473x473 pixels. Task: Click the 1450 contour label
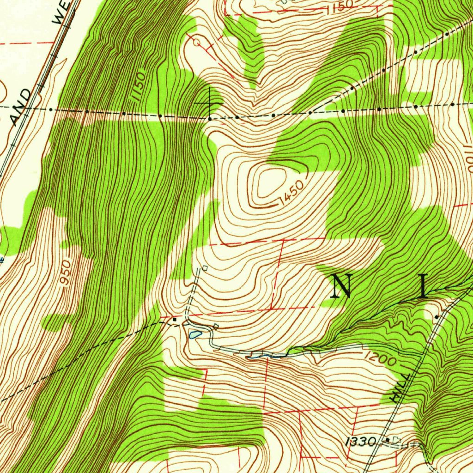click(292, 193)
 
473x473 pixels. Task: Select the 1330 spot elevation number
click(361, 442)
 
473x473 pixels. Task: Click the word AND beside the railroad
click(21, 107)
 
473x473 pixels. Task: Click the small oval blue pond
click(194, 334)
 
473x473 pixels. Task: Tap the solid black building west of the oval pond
click(175, 319)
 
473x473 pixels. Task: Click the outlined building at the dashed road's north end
click(205, 267)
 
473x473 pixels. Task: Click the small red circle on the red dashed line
click(196, 42)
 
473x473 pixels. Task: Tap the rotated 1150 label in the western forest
click(139, 85)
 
